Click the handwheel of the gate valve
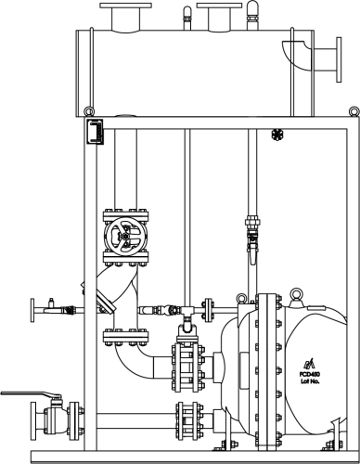click(x=122, y=237)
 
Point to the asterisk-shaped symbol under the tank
click(x=276, y=135)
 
